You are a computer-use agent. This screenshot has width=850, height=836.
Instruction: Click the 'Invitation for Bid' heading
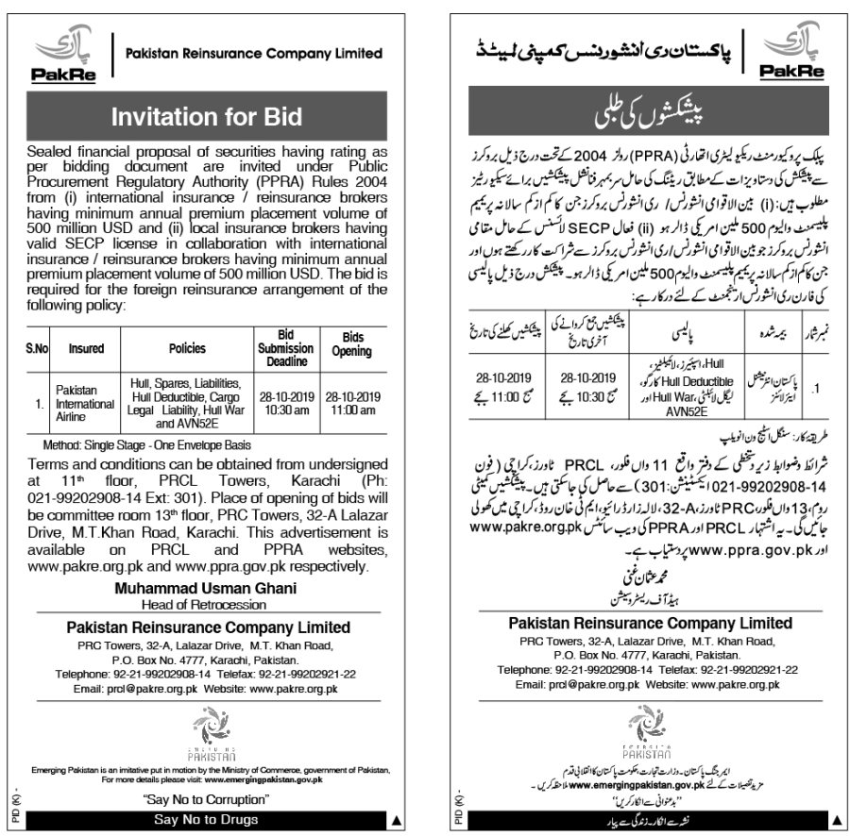[x=207, y=117]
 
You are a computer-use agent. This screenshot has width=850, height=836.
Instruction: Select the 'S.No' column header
[x=37, y=348]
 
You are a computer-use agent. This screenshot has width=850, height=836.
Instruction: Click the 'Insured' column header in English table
[x=86, y=348]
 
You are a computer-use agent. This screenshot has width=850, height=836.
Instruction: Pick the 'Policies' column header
[x=187, y=348]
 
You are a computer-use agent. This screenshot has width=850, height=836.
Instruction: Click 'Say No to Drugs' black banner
[x=207, y=820]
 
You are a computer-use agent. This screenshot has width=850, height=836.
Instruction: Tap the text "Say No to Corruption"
[x=207, y=800]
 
